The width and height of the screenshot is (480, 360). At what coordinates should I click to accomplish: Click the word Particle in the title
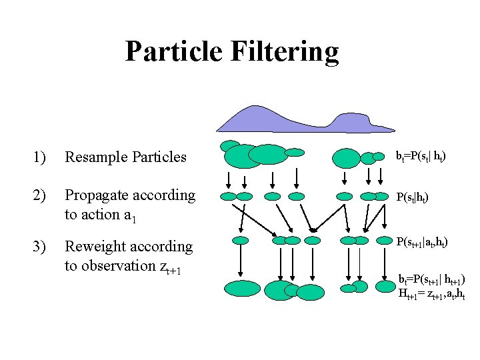coord(175,51)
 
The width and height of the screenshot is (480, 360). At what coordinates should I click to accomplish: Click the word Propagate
coord(96,196)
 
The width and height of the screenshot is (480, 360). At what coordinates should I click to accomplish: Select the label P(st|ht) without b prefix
coord(413,198)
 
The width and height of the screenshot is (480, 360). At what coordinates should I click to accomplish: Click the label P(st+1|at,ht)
coord(423,243)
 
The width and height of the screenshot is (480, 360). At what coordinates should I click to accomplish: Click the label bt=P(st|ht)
coord(421,157)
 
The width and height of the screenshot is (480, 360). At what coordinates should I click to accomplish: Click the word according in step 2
coord(164,196)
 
